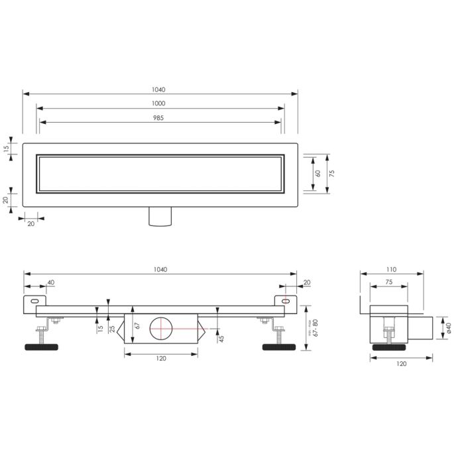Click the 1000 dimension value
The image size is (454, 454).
(x=158, y=103)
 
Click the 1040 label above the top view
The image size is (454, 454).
(x=158, y=89)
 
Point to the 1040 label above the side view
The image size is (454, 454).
(x=160, y=269)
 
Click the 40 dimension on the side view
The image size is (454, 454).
(x=51, y=283)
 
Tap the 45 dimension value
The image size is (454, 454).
(x=221, y=338)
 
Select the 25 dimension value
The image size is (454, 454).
(x=112, y=328)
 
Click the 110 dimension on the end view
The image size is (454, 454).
(x=391, y=270)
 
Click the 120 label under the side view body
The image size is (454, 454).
(x=161, y=358)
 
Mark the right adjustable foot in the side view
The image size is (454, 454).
(x=279, y=346)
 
